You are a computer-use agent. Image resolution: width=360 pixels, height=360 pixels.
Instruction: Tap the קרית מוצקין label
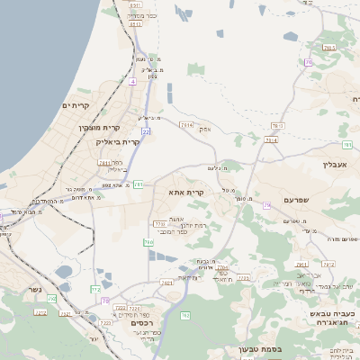(96, 128)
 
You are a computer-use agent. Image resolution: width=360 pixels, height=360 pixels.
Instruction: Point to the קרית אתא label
(187, 192)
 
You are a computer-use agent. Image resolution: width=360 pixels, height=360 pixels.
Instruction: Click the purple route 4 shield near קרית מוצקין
(133, 82)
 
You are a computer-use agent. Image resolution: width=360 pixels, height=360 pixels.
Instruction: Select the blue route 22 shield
(145, 131)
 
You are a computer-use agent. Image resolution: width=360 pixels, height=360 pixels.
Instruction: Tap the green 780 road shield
(148, 242)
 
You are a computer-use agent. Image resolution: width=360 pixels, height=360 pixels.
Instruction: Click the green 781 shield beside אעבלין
(347, 145)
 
